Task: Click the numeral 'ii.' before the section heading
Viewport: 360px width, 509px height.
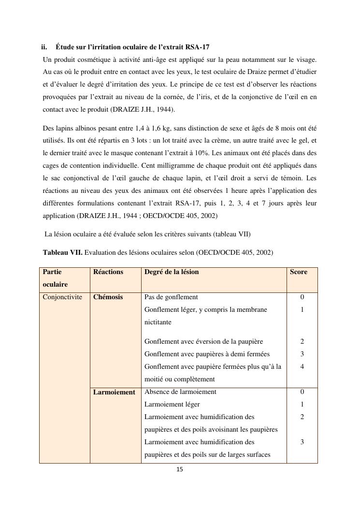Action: [x=44, y=47]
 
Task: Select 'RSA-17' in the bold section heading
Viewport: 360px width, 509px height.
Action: [x=197, y=47]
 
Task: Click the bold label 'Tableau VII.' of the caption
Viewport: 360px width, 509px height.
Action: [x=62, y=252]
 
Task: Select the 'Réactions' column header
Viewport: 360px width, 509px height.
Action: [x=108, y=272]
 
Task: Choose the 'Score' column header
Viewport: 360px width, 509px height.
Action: [x=298, y=272]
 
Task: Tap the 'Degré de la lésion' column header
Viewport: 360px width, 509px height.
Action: [x=172, y=272]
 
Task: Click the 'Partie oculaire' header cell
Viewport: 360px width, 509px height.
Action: [x=55, y=278]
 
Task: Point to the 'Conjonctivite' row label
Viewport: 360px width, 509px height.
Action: [x=62, y=297]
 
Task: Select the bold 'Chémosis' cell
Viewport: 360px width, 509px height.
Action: [x=108, y=297]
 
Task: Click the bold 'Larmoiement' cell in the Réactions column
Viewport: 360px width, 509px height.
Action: [x=114, y=392]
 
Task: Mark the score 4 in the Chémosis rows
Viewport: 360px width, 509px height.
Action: [x=302, y=367]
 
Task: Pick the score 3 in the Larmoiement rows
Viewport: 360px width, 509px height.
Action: [x=302, y=442]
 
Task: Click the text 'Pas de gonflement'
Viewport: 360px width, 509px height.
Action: [x=171, y=297]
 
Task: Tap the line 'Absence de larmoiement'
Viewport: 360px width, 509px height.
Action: [x=180, y=392]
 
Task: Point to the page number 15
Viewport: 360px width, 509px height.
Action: [x=180, y=469]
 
